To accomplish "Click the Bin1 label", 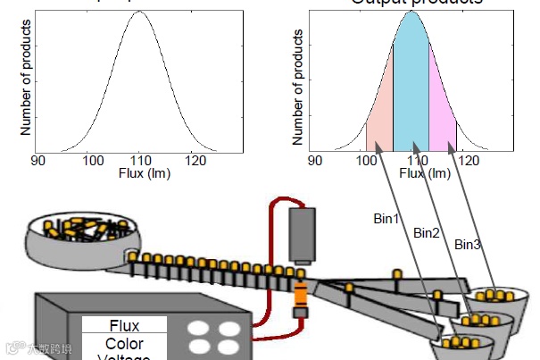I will pos(386,217).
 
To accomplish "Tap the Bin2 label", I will pos(427,232).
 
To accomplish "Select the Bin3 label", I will pos(468,244).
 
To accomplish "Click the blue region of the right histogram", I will pos(411,89).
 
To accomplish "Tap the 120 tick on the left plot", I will pos(194,161).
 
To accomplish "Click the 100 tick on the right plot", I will pos(366,161).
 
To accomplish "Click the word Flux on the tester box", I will pos(124,326).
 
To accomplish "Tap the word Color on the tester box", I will pos(124,344).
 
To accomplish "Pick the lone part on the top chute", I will pos(396,272).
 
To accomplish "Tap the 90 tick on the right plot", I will pos(314,161).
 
